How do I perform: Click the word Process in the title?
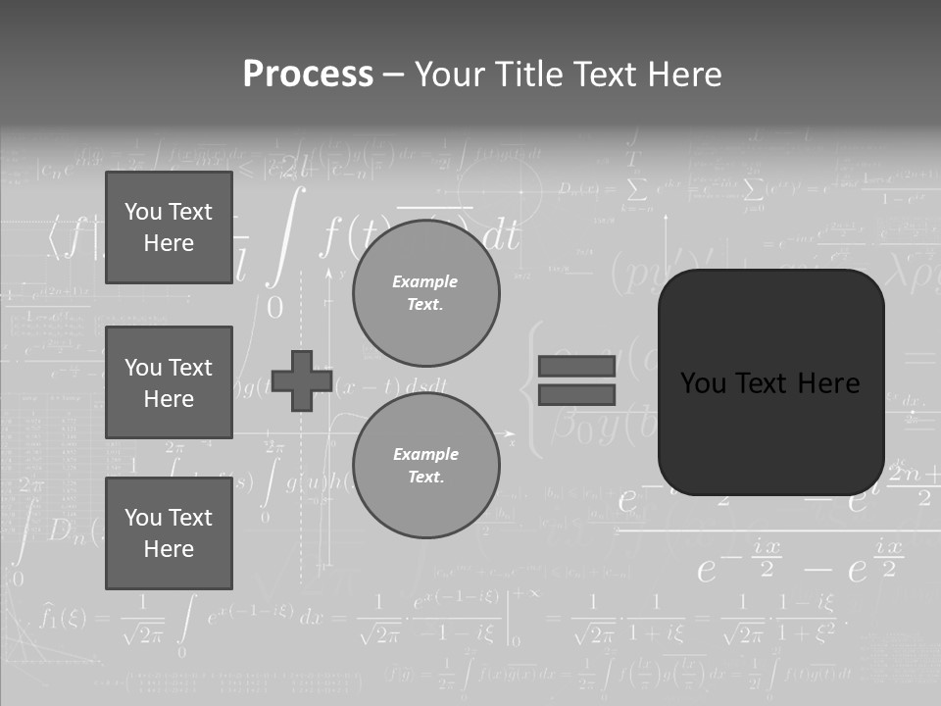tap(308, 75)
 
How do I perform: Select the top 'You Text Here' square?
tap(169, 227)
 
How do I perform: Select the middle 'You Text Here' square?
tap(169, 382)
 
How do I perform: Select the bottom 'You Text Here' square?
tap(169, 532)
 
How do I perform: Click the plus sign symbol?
tap(301, 380)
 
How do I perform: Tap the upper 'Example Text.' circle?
tap(425, 293)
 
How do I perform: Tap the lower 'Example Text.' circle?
tap(425, 466)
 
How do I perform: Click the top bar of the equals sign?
tap(576, 367)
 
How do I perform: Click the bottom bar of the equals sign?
tap(576, 395)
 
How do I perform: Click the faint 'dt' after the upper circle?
tap(501, 236)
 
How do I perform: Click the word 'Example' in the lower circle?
tap(425, 454)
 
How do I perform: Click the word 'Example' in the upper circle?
tap(425, 281)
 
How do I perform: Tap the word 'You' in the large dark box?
tap(702, 383)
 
